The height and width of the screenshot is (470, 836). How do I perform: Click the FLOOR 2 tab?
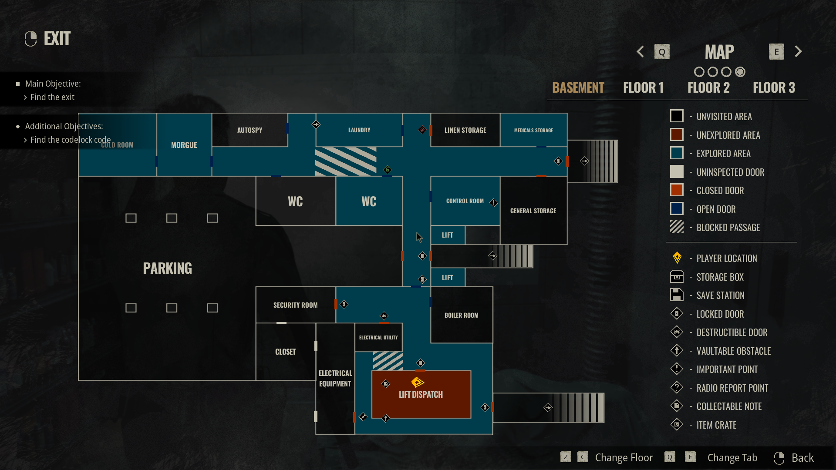point(708,88)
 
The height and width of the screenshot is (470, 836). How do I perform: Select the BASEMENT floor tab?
point(578,88)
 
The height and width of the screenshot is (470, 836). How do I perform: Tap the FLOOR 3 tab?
point(774,88)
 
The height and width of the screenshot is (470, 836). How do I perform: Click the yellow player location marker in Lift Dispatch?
point(417,382)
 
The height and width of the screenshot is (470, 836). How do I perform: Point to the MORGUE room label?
point(184,145)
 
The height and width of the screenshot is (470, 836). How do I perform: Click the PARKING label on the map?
point(167,268)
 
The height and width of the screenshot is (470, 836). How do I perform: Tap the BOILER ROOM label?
point(461,315)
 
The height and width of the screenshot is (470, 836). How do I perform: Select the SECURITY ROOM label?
point(295,305)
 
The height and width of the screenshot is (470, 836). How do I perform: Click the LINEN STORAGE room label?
point(465,130)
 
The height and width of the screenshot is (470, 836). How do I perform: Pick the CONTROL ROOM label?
point(465,201)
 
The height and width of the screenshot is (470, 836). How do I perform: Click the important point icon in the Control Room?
point(493,203)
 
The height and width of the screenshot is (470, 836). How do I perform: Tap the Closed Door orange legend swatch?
point(677,190)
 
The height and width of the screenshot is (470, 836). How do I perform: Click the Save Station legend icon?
point(677,295)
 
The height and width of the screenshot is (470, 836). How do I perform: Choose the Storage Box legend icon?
point(677,277)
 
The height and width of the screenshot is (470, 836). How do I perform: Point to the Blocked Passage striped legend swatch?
point(677,227)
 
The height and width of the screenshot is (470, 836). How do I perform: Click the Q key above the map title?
point(662,52)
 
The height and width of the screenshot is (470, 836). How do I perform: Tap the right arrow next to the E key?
point(798,51)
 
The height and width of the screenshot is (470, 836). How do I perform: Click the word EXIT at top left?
point(57,39)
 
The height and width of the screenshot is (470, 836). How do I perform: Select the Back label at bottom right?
point(802,458)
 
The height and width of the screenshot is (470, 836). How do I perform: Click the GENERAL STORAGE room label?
point(533,211)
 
